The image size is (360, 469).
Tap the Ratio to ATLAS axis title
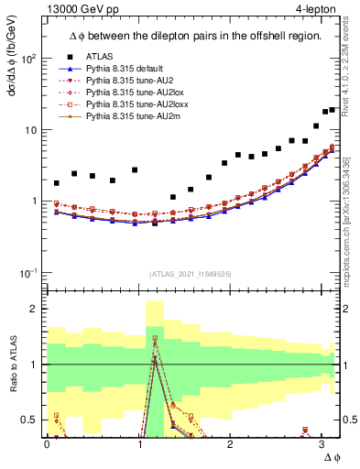[12, 365]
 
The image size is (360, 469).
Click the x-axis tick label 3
[320, 444]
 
